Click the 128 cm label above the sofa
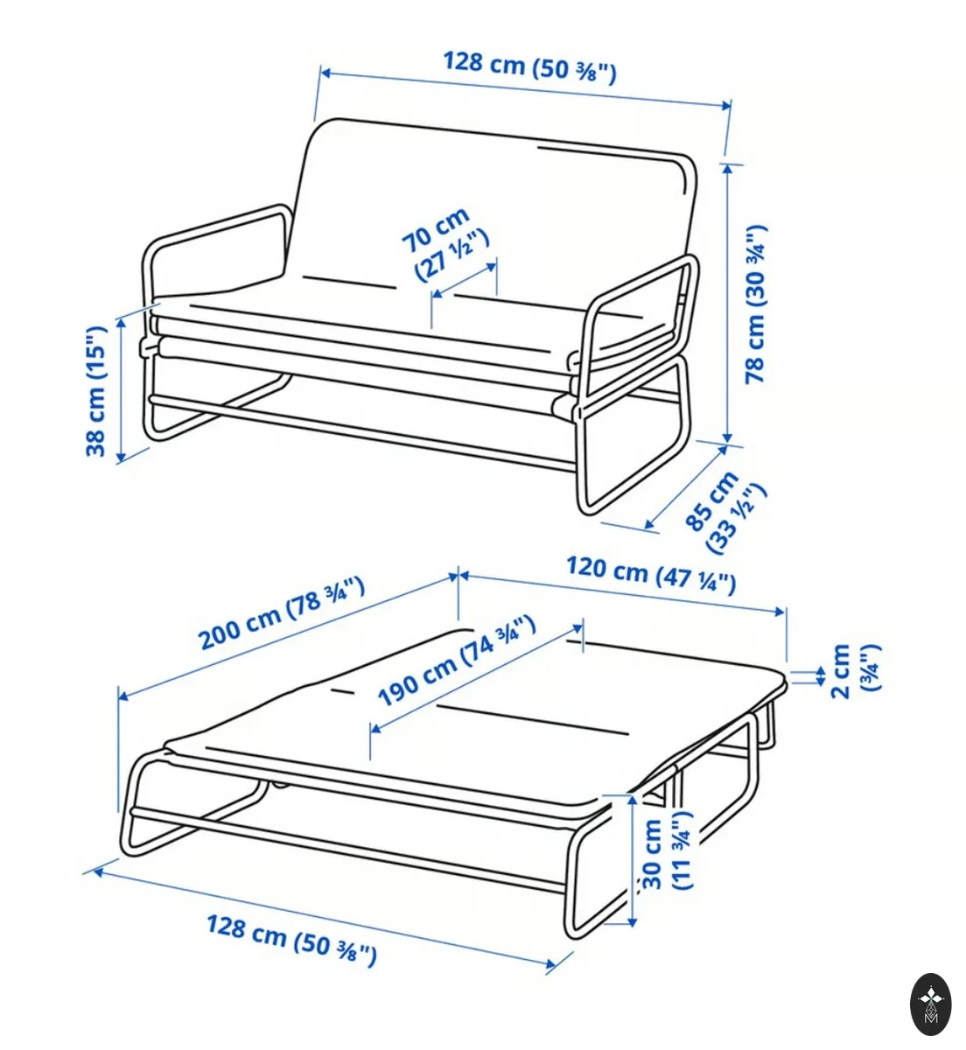pos(530,67)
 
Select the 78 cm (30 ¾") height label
pos(756,304)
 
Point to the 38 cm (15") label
pos(96,390)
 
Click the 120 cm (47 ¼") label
pos(651,575)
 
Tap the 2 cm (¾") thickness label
pos(856,670)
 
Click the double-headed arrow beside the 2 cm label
pos(821,676)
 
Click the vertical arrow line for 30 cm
pos(633,860)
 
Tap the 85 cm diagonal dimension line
pos(686,486)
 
